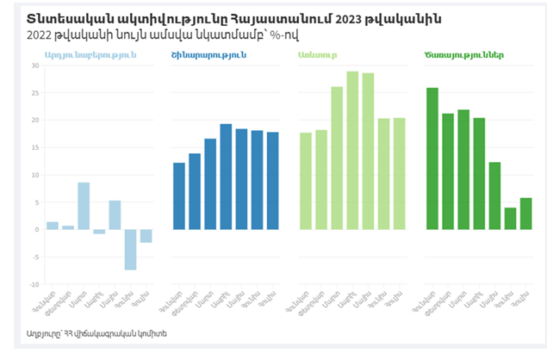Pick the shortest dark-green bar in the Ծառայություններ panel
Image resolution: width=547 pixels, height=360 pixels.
(x=510, y=219)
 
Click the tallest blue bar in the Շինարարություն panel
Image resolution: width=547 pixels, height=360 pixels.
(x=226, y=177)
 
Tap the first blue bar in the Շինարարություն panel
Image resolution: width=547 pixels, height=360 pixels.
(x=179, y=196)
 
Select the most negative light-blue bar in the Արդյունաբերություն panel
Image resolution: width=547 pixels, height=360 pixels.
(x=130, y=250)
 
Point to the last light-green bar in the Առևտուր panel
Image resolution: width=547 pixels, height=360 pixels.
(x=400, y=174)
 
